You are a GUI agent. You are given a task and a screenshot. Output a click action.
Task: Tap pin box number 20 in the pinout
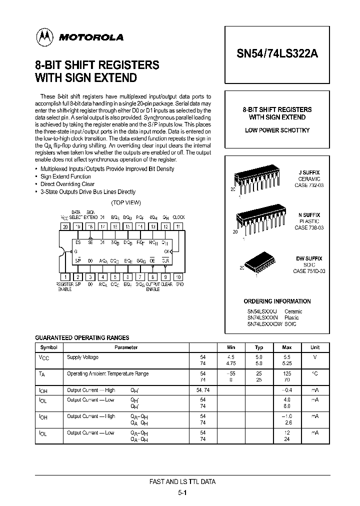click(64, 226)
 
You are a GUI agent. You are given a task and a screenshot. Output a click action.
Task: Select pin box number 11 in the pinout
click(179, 226)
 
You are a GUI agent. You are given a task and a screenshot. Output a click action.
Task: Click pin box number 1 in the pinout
click(65, 276)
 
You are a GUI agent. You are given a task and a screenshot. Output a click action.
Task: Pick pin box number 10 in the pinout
click(179, 276)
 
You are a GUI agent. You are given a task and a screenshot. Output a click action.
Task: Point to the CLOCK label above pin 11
click(178, 217)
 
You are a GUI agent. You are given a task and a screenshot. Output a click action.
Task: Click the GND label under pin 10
click(179, 284)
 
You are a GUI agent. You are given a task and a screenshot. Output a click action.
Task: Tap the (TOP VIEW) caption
click(126, 202)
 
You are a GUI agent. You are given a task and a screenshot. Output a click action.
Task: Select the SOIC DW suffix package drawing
click(259, 263)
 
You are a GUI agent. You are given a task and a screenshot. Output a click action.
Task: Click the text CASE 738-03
click(308, 227)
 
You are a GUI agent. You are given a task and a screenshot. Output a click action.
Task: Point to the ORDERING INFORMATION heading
click(277, 301)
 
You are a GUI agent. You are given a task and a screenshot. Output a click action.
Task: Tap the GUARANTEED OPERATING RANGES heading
click(82, 338)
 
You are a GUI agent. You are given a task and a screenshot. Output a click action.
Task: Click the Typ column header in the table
click(259, 347)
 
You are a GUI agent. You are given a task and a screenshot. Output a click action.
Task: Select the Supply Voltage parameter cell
click(82, 357)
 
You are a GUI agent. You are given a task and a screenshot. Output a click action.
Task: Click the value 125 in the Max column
click(287, 373)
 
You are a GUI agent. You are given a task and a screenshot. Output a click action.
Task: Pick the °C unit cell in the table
click(315, 373)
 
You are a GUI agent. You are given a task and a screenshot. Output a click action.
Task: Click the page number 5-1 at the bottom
click(182, 492)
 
